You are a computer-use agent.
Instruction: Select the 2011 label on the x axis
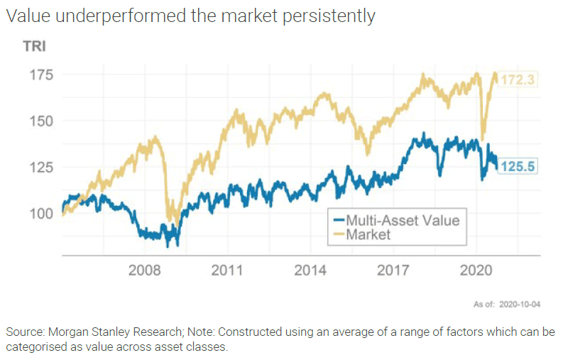(228, 271)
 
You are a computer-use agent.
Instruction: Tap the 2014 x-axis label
(311, 271)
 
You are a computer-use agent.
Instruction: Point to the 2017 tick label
(393, 271)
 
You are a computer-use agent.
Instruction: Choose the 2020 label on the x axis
(476, 271)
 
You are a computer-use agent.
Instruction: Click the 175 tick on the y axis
(42, 75)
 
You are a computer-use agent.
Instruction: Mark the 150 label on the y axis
(42, 121)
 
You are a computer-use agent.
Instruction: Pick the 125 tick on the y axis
(42, 167)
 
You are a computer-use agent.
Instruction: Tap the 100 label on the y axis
(42, 213)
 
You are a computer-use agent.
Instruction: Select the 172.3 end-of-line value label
(518, 80)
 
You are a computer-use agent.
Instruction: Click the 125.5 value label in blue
(518, 166)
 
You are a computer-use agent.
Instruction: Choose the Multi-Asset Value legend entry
(402, 219)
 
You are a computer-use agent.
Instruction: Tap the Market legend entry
(368, 234)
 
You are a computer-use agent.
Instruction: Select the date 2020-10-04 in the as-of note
(521, 305)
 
